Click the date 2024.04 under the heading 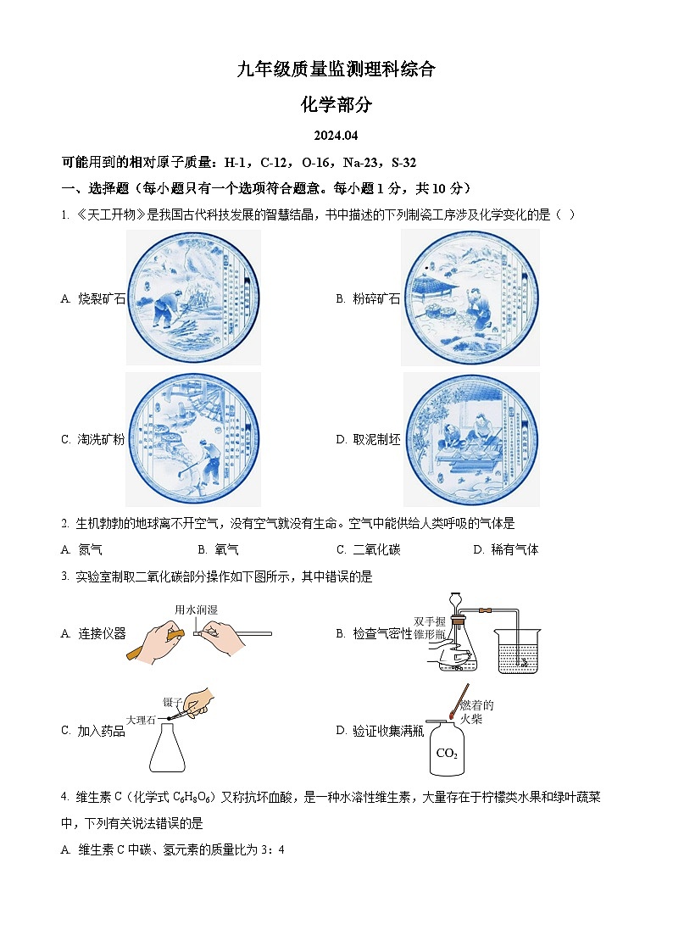[336, 136]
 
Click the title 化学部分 [336, 104]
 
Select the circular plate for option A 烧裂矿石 [194, 298]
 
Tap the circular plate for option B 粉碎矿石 [470, 298]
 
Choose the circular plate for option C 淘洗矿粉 [194, 439]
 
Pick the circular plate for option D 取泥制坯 [470, 439]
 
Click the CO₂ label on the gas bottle [447, 754]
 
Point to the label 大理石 [141, 720]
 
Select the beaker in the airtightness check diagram [519, 652]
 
